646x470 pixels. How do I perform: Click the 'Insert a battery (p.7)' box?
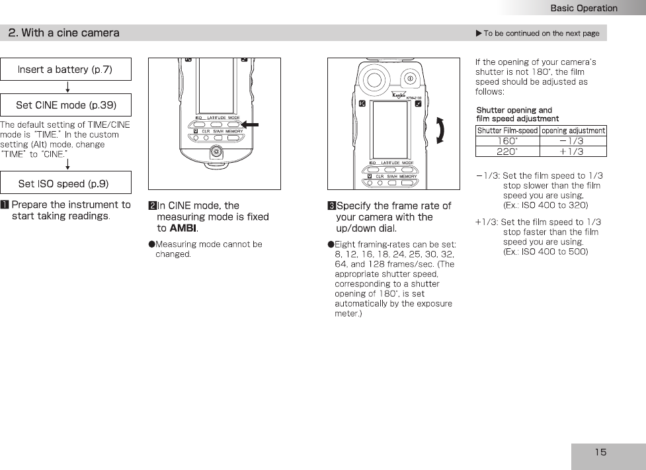[x=65, y=70]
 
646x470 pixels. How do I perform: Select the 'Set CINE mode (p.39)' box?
[x=65, y=105]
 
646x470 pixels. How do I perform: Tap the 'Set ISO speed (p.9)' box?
[x=65, y=183]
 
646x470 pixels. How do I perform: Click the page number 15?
[x=600, y=452]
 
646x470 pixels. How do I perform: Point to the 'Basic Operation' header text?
[x=584, y=8]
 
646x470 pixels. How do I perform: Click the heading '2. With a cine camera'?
[x=64, y=32]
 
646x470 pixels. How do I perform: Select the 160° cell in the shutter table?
[x=507, y=141]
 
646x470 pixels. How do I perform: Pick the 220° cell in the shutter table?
[x=507, y=152]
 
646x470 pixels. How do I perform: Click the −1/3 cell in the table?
[x=571, y=141]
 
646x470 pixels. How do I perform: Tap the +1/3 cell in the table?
[x=571, y=152]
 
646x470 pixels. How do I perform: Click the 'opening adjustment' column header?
[x=573, y=131]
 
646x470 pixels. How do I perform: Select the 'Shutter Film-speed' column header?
[x=507, y=131]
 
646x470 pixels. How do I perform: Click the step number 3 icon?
[x=332, y=206]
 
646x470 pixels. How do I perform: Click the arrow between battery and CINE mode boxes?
[x=68, y=87]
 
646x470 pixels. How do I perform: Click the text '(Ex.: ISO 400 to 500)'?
[x=545, y=252]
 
